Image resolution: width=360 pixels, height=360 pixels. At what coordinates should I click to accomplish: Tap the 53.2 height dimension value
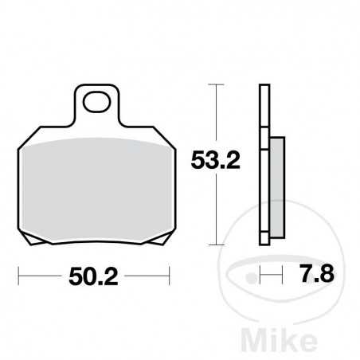pyautogui.click(x=214, y=163)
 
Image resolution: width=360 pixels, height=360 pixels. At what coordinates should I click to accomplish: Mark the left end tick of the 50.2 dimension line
pyautogui.click(x=20, y=277)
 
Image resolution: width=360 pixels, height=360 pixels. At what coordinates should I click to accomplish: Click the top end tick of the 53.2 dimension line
pyautogui.click(x=214, y=83)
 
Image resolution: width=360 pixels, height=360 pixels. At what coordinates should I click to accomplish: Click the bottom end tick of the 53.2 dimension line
pyautogui.click(x=214, y=245)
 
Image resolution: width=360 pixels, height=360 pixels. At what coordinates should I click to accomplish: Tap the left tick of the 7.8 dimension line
pyautogui.click(x=260, y=278)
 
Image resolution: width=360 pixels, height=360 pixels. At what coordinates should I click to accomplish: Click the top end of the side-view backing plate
pyautogui.click(x=264, y=85)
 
